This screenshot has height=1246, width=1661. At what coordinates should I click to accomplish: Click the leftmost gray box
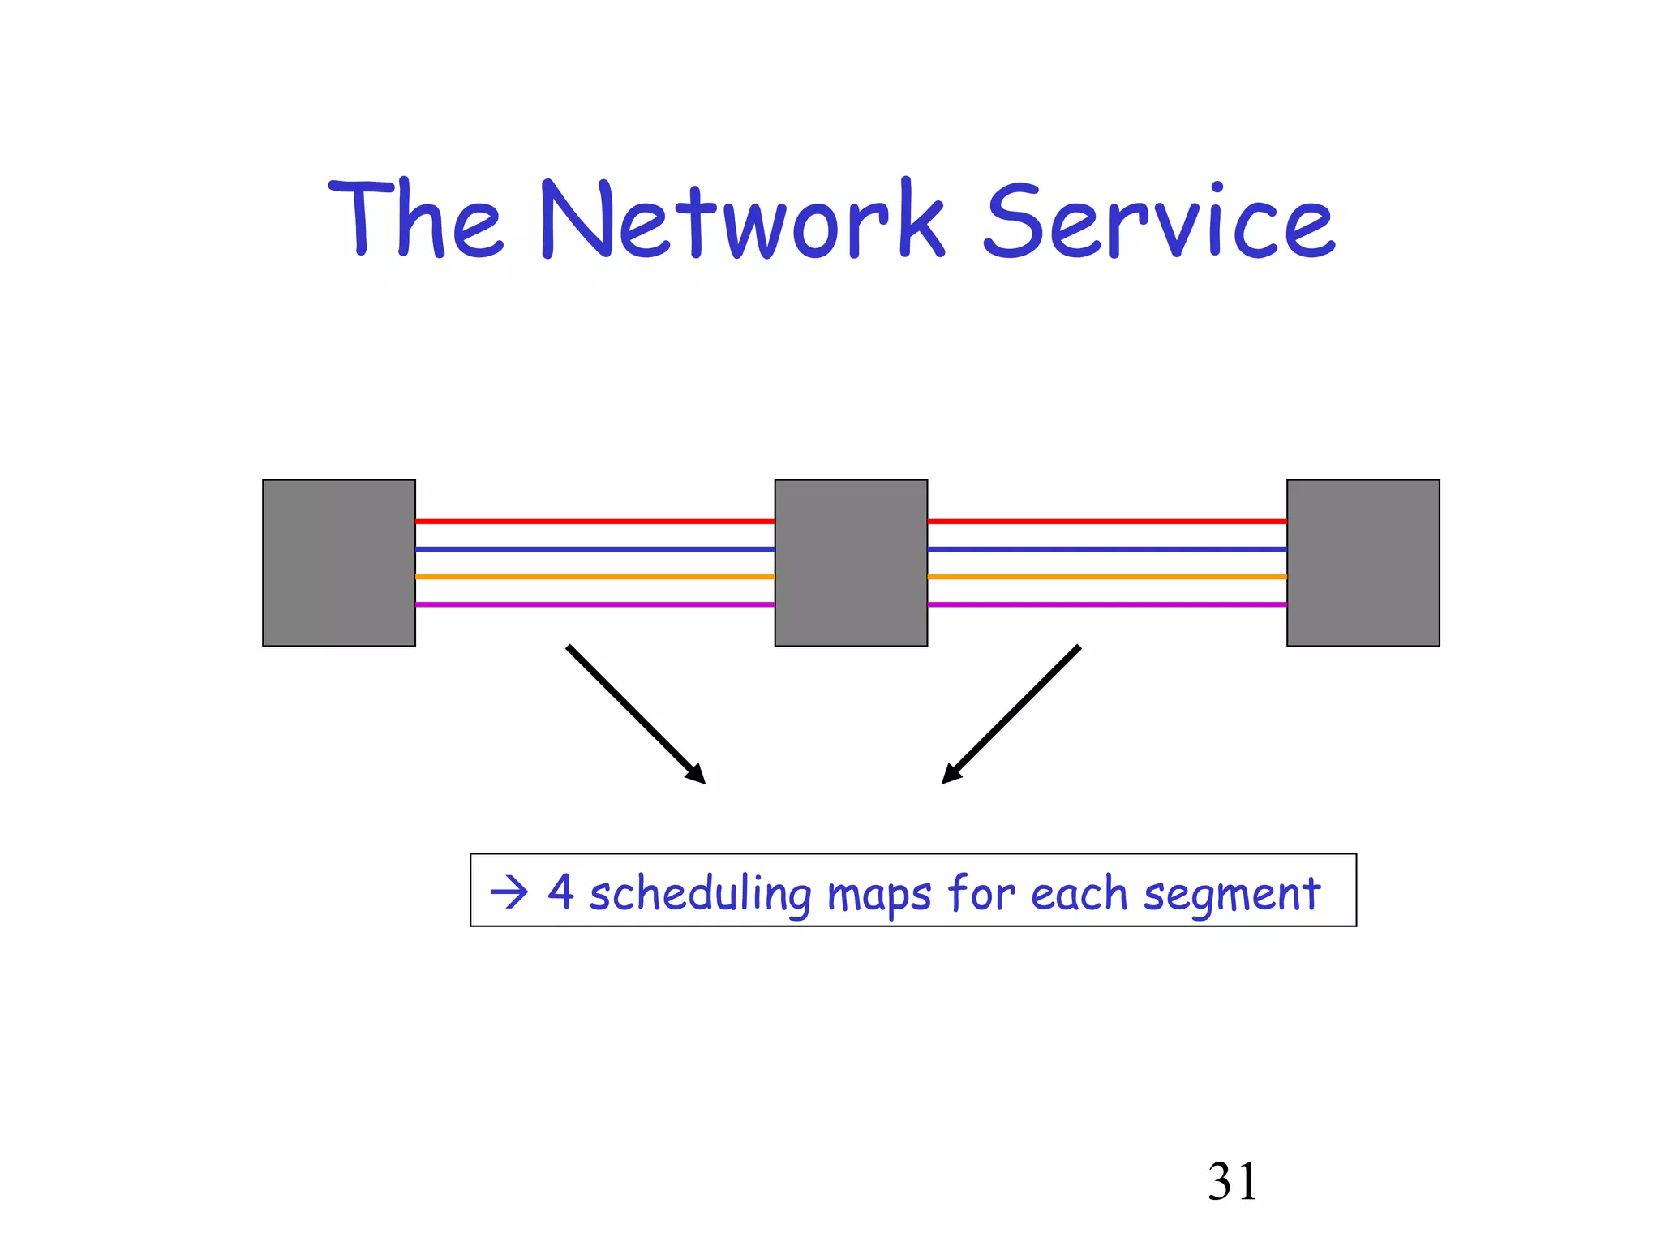tap(339, 563)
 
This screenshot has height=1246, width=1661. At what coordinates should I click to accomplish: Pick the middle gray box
tap(851, 563)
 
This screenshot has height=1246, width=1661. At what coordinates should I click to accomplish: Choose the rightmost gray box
tap(1363, 563)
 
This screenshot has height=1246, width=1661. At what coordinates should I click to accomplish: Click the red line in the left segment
tap(594, 522)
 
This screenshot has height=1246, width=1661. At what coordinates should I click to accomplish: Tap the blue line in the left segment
tap(594, 549)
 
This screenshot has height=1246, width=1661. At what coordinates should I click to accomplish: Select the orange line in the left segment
tap(594, 577)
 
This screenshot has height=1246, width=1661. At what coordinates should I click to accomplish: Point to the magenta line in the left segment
tap(594, 604)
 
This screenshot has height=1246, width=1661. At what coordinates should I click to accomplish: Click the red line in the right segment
tap(1107, 522)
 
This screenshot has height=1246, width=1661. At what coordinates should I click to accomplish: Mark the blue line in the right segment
tap(1107, 549)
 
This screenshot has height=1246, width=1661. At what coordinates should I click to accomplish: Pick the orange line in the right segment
tap(1107, 577)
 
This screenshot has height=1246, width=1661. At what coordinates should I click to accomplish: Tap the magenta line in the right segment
tap(1107, 604)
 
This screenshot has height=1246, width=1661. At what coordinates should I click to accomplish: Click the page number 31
tap(1232, 1182)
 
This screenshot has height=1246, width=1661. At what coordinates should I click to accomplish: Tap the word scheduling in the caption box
tap(699, 894)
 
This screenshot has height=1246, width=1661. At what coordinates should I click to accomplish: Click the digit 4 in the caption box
tap(560, 892)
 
